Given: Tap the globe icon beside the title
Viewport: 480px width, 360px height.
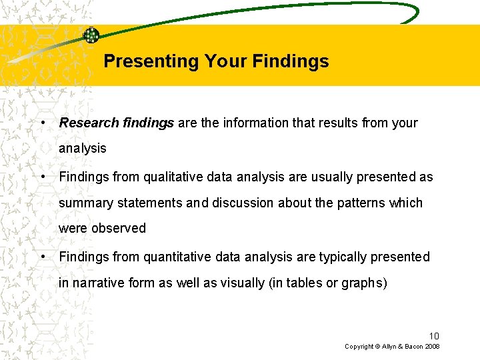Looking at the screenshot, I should [91, 35].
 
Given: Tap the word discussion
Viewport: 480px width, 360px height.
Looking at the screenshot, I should [241, 203].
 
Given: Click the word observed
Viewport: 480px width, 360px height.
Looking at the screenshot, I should [119, 228].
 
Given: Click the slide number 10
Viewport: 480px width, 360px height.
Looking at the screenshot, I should [433, 335].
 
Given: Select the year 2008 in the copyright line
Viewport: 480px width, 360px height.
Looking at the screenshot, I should [431, 347].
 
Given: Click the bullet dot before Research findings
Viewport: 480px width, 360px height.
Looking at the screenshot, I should [43, 123].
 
